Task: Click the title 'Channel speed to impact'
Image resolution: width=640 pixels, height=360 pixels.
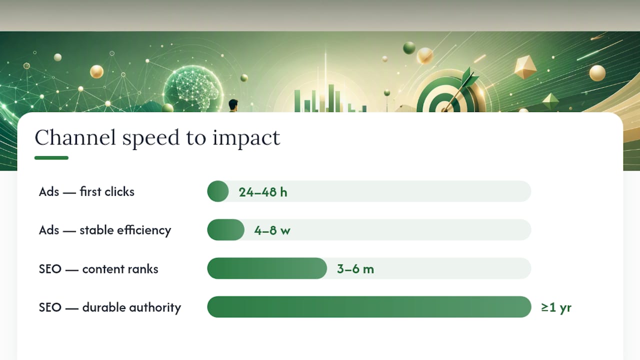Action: pos(157,138)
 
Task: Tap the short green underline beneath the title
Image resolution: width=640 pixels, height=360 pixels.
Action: pos(51,157)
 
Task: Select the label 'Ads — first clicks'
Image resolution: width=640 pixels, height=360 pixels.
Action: pos(86,191)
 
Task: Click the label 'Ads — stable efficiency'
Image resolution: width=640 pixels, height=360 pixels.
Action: pos(105,230)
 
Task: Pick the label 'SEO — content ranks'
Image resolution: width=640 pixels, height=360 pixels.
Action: pos(98,269)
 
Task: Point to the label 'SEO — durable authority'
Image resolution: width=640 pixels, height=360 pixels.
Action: pos(110,307)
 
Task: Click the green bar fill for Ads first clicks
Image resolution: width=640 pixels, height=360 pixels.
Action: pos(218,191)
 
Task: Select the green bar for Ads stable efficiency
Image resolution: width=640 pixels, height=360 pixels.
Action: pos(225,229)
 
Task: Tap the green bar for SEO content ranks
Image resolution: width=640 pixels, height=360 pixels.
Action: pos(267,268)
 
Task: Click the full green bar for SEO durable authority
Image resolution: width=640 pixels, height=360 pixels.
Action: pos(369,307)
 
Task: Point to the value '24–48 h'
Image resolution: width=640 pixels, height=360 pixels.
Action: pos(263,192)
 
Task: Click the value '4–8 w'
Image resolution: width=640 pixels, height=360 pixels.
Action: pos(272,230)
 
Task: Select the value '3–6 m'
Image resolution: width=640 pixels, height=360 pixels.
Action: pos(355,269)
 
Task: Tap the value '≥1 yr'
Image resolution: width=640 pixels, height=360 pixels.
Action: pos(556,307)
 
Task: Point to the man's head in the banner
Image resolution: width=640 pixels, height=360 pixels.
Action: pos(233,104)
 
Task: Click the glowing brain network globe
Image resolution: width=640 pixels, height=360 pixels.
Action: pos(193,88)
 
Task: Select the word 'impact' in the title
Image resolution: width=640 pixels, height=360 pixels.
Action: pos(246,138)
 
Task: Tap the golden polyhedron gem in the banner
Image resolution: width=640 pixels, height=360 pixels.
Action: pos(525,67)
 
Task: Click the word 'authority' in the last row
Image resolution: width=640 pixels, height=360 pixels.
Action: pos(155,308)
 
